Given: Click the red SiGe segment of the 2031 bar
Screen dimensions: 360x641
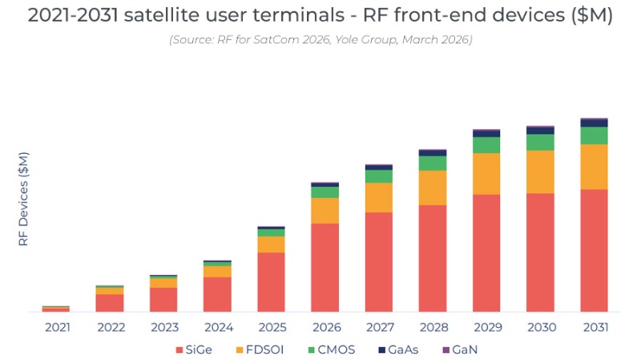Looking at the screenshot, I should pos(594,250).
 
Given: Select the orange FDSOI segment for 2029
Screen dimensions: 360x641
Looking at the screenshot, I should pos(486,173).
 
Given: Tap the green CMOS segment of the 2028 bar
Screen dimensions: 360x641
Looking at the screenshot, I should pos(433,163).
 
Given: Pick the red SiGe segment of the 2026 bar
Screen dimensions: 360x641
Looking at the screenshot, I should pos(325,267).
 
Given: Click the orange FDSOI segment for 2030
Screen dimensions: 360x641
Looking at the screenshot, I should pos(540,172).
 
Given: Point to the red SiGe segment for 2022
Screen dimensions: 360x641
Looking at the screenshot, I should pos(109,302).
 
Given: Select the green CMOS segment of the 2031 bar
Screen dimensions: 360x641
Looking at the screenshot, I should pos(594,136).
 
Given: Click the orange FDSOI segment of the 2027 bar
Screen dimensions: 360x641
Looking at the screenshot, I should pos(378,197).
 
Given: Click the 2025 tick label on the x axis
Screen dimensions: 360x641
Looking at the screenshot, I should pos(271,327).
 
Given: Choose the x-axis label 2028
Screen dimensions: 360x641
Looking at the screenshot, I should pos(433,327).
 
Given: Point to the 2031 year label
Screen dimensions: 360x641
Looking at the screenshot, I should pos(594,327).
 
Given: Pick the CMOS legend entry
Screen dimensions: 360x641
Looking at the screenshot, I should pos(326,350).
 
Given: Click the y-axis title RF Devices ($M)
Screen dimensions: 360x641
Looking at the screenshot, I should pos(23,198).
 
